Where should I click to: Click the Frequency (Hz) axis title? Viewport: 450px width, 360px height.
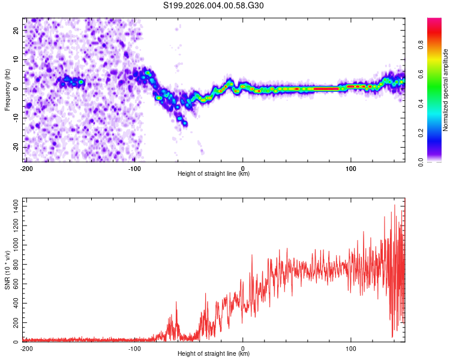click(x=7, y=89)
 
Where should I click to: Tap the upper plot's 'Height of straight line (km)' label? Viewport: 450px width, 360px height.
click(x=214, y=173)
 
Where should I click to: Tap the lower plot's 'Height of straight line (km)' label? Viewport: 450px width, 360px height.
click(x=214, y=353)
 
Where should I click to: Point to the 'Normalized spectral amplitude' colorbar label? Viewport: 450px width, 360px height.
click(x=446, y=89)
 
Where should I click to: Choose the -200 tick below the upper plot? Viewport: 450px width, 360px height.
click(x=26, y=169)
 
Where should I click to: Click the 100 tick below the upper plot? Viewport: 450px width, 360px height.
click(x=351, y=169)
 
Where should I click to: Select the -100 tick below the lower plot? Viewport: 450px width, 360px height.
click(x=134, y=348)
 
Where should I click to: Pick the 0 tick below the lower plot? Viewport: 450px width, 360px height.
click(x=243, y=348)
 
